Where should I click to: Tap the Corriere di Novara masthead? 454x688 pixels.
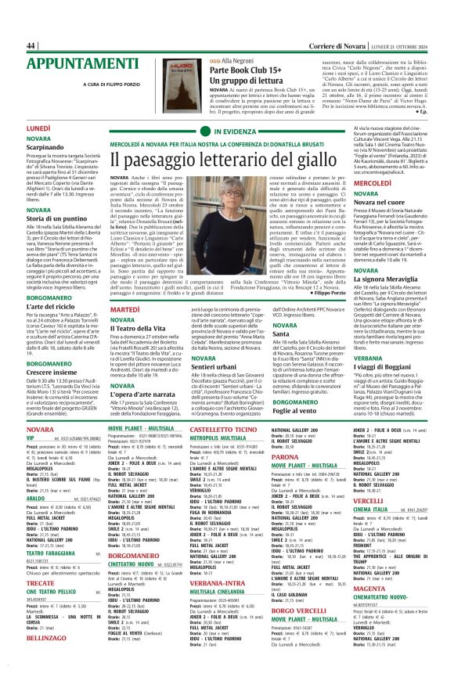tap(318, 46)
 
